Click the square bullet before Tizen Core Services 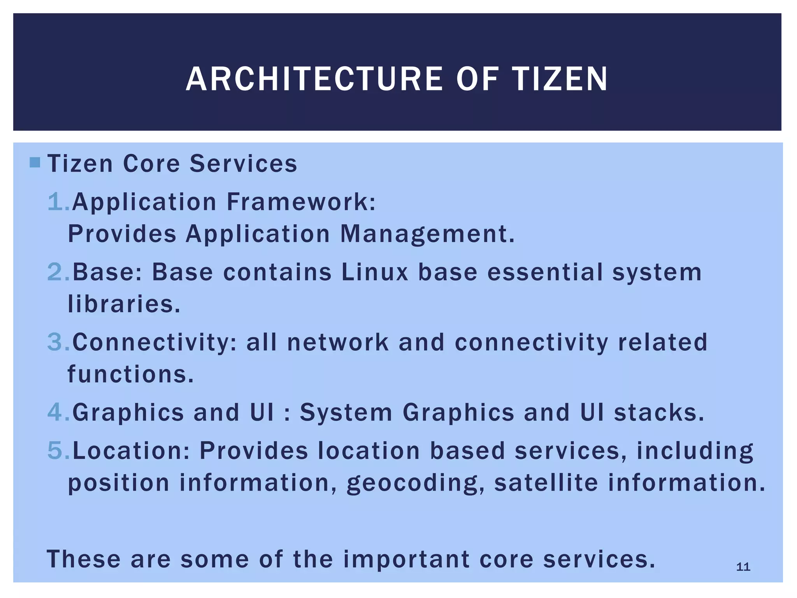(x=35, y=162)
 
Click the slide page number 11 (x=743, y=567)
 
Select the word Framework (x=300, y=202)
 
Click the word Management (x=427, y=234)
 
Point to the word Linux (x=375, y=272)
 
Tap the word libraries (x=124, y=304)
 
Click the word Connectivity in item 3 (x=154, y=343)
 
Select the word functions (x=130, y=374)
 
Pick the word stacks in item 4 (x=659, y=412)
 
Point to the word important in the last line (x=406, y=559)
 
